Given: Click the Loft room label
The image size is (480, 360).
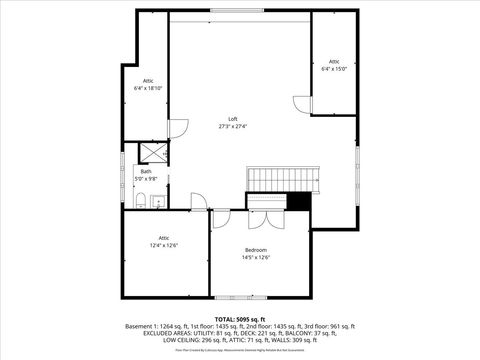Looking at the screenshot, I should [232, 119].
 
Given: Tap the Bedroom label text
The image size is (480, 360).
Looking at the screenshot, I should [255, 249].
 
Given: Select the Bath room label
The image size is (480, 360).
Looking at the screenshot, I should [146, 171].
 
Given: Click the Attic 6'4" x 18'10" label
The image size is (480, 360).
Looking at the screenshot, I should [147, 80].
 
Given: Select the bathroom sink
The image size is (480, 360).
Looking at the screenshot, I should [157, 203].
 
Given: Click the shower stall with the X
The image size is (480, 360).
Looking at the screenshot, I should [153, 152].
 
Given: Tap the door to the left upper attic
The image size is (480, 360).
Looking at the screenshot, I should [178, 127].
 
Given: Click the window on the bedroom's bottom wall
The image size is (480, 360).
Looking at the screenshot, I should [240, 297].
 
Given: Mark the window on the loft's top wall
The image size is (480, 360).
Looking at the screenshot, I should [240, 11].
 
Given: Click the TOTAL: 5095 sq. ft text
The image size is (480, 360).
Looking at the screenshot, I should [240, 318].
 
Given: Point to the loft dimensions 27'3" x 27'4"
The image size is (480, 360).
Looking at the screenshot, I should [232, 127].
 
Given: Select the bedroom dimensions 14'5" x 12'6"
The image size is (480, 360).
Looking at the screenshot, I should [255, 257].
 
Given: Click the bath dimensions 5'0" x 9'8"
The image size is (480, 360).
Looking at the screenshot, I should [146, 178].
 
